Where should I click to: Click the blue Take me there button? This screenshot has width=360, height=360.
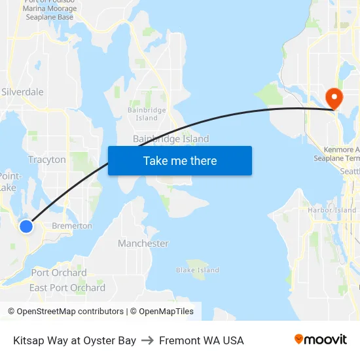(x=180, y=161)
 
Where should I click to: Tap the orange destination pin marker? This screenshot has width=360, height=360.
(x=334, y=99)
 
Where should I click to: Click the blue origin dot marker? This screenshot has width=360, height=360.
(x=26, y=226)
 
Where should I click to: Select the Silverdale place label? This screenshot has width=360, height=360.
(x=23, y=92)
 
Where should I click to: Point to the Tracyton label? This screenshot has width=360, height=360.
(x=47, y=160)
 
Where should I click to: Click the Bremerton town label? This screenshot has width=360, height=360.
(x=72, y=226)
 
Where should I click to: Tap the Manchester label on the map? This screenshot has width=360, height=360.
(x=143, y=243)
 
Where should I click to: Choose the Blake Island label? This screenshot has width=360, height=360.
(x=198, y=270)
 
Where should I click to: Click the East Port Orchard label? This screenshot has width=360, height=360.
(x=67, y=288)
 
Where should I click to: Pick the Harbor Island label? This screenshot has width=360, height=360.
(x=332, y=211)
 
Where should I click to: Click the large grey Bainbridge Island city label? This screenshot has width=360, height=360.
(x=171, y=139)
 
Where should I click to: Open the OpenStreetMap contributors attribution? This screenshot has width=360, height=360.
(x=65, y=312)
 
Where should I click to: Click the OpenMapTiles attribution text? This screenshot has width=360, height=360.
(x=162, y=312)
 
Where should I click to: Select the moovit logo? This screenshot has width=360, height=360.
(x=321, y=340)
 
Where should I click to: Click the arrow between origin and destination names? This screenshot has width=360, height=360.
(x=147, y=340)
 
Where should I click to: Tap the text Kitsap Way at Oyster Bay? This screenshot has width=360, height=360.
(x=75, y=340)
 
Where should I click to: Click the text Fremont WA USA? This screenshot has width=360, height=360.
(x=201, y=340)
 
